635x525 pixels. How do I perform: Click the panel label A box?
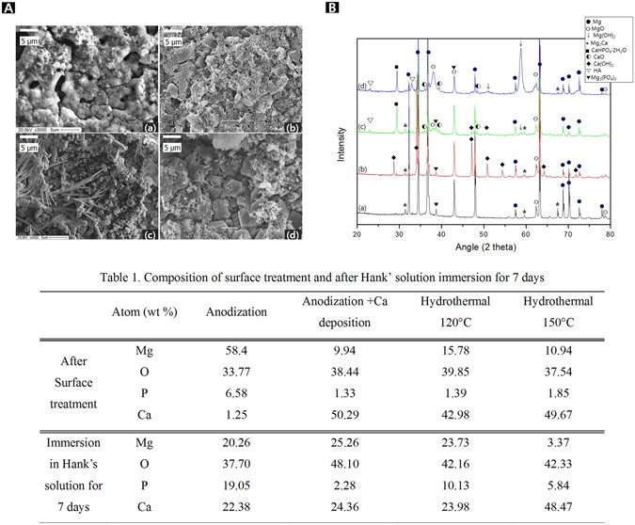(11, 8)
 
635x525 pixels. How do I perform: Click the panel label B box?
(330, 8)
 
